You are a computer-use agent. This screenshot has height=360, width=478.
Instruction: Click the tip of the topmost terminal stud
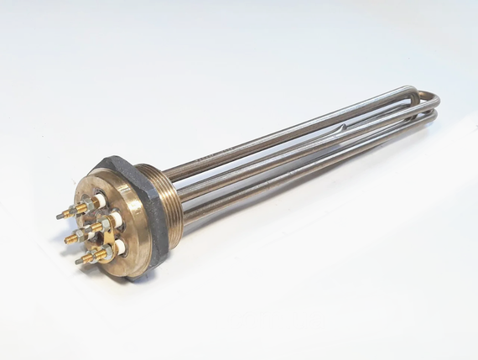coord(60,216)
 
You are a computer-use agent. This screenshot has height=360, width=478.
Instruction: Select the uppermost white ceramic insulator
coord(101,199)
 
